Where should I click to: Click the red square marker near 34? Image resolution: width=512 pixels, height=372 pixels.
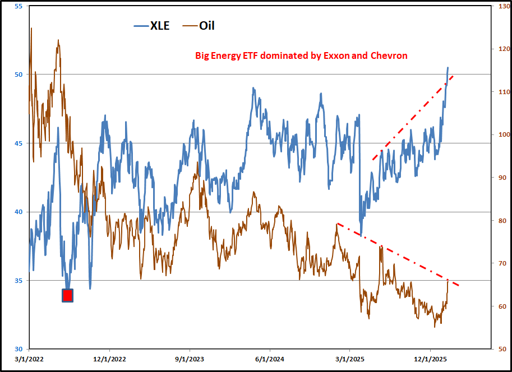pyautogui.click(x=67, y=295)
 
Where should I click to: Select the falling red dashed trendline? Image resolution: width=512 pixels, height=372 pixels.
pyautogui.click(x=393, y=253)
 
